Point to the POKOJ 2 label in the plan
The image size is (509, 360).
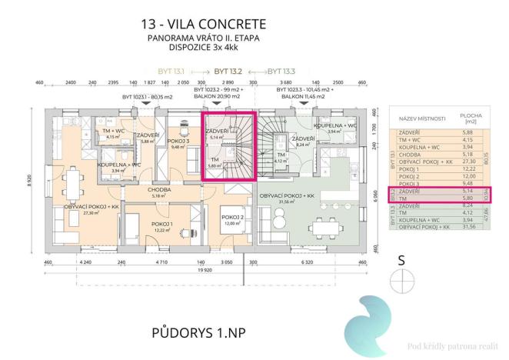pos(234,217)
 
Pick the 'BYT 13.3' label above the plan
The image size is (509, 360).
pos(283,69)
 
